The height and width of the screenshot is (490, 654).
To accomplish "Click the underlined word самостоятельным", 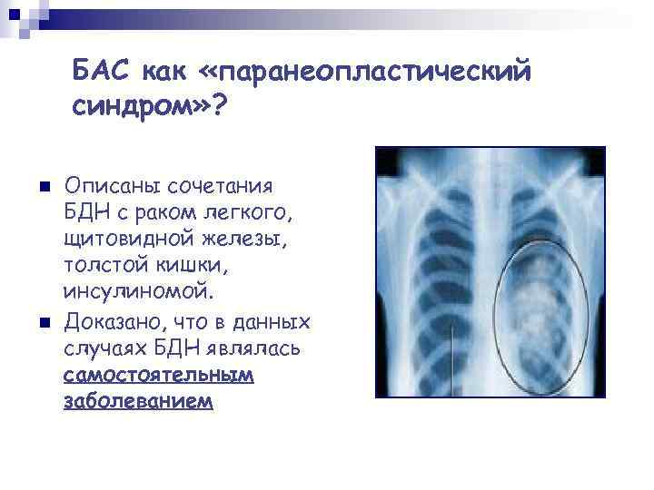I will pos(159,376).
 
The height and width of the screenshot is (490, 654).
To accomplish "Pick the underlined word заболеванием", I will pos(138,401).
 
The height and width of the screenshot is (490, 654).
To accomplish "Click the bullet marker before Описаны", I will pos(33,186).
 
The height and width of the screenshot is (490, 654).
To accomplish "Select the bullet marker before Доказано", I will pos(33,322).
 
